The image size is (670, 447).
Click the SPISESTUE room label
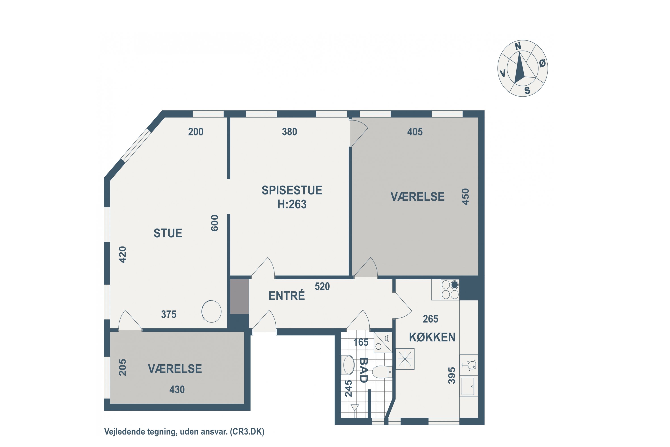(x=292, y=190)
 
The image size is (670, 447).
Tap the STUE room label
(x=168, y=233)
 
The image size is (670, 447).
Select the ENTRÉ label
(x=287, y=296)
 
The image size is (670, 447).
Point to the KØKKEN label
(x=432, y=337)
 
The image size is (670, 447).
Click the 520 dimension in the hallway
(x=322, y=286)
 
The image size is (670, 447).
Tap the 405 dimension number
(x=415, y=132)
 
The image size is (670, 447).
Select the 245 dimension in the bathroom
(x=348, y=388)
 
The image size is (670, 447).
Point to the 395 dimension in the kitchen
(x=452, y=375)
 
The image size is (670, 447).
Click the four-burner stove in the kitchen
(x=450, y=290)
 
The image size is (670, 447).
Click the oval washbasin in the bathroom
(x=349, y=365)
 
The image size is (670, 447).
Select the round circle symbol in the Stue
(x=211, y=312)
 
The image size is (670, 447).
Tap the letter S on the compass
(x=527, y=91)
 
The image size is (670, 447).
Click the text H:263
(x=292, y=204)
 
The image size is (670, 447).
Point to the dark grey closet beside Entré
(x=240, y=297)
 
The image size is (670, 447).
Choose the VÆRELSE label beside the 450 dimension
(x=417, y=197)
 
